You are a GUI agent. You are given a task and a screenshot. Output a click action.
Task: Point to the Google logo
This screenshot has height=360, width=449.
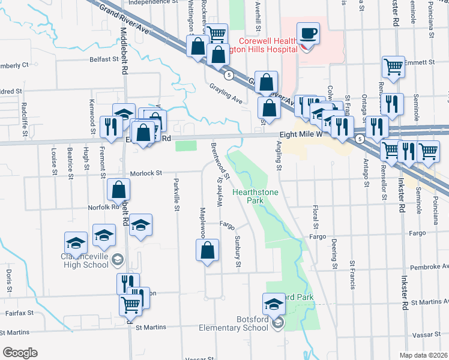click(19, 352)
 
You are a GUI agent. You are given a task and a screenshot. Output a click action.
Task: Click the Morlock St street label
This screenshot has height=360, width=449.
click(146, 173)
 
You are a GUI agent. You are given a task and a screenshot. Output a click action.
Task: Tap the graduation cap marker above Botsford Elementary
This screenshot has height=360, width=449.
click(274, 302)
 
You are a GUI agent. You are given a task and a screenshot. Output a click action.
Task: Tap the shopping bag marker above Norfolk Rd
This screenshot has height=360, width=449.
click(119, 190)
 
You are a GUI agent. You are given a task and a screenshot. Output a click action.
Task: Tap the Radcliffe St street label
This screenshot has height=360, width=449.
click(24, 112)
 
